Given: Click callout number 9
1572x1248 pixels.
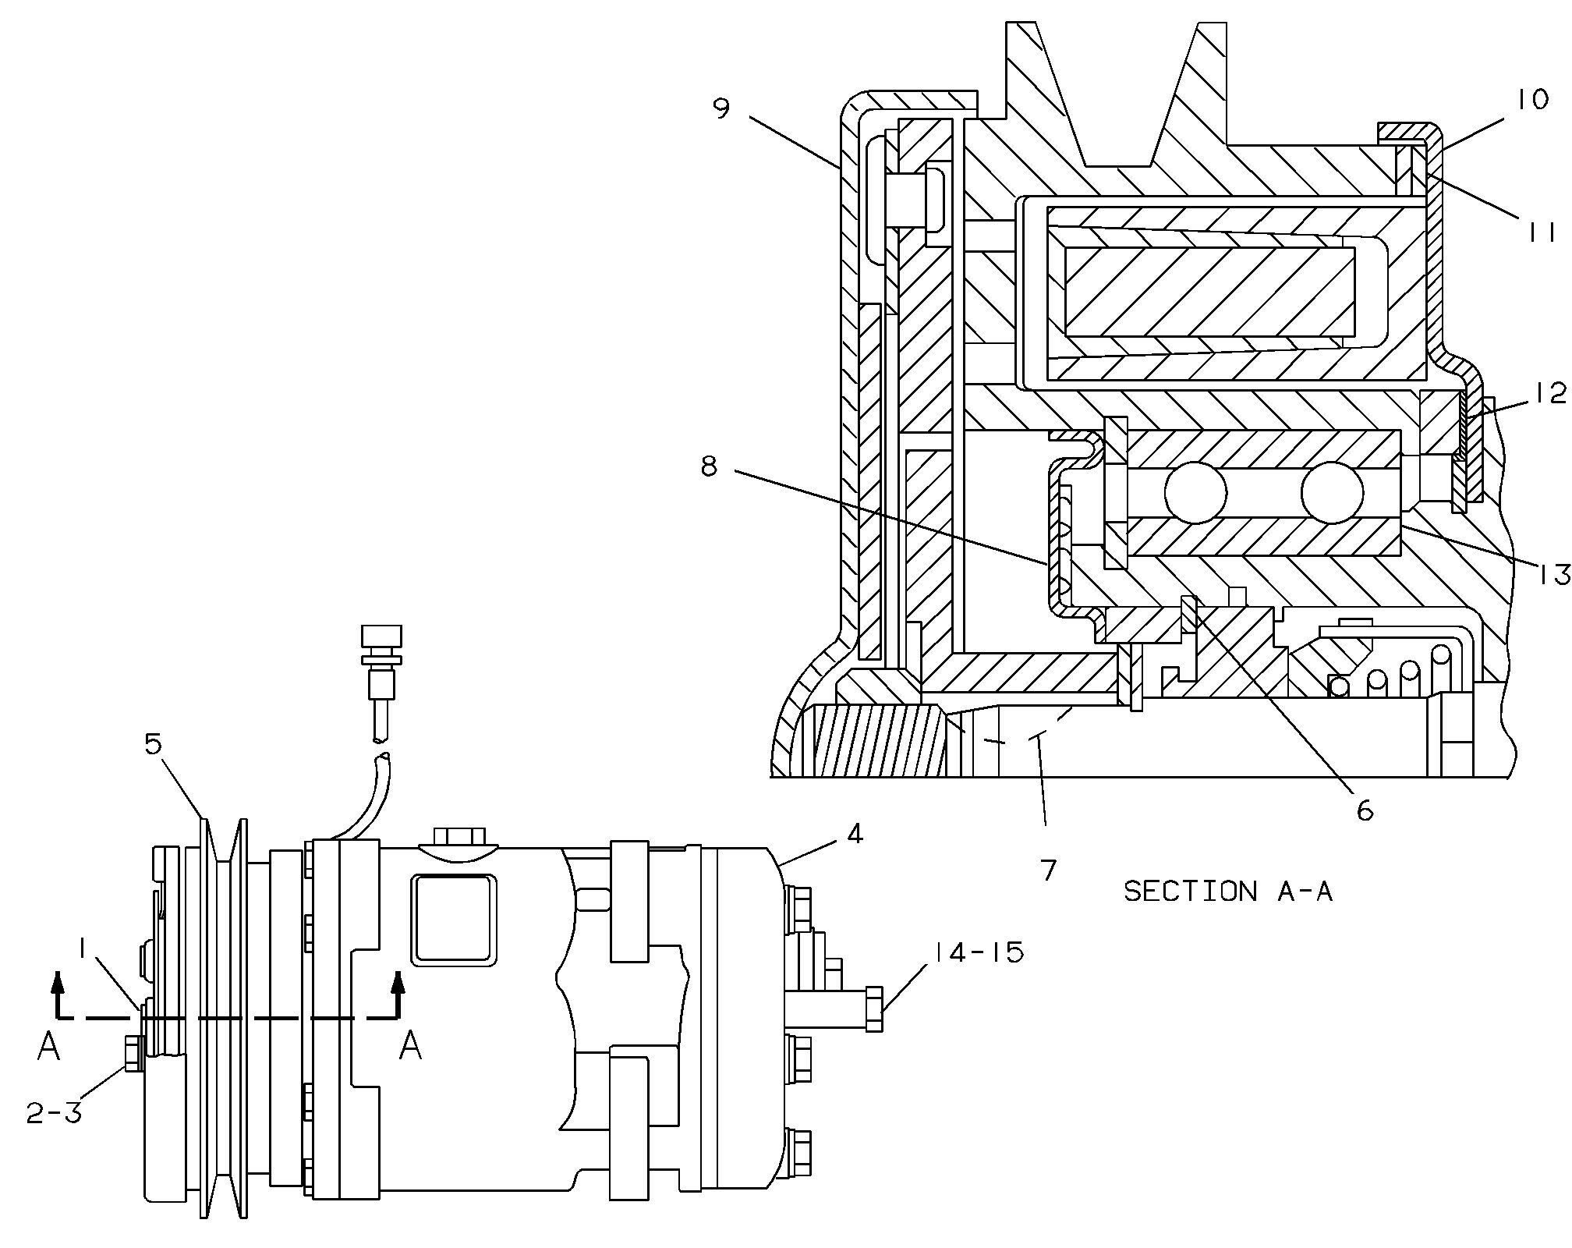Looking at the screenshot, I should pos(721,108).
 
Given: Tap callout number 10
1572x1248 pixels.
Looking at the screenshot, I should pos(1532,99).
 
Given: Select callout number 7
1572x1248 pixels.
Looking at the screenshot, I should pos(1049,869).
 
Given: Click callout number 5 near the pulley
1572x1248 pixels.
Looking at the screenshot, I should pos(153,744).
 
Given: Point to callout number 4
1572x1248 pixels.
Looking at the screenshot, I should pos(855,834).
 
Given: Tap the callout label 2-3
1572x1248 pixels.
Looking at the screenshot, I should pos(54,1113).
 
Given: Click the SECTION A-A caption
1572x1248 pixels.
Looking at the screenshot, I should pos(1227,892).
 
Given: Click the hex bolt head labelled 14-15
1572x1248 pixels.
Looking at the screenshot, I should pos(873,1009).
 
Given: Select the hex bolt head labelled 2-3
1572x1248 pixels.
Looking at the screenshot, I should pos(131,1055).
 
